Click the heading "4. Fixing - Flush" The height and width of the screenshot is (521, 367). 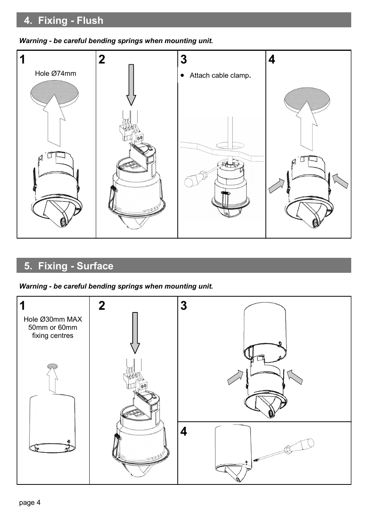click(63, 20)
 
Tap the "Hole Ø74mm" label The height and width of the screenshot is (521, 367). click(55, 73)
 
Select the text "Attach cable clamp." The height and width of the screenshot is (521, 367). click(220, 75)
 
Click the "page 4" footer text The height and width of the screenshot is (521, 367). click(30, 503)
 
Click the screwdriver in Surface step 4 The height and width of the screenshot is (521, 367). click(292, 450)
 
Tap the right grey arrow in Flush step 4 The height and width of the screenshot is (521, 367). click(340, 181)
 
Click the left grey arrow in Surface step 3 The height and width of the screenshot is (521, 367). click(235, 377)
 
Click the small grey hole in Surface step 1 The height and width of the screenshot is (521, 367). click(52, 366)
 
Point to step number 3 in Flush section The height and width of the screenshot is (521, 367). click(183, 60)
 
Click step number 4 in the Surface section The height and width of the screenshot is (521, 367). click(183, 431)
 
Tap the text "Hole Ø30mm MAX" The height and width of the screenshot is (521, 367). click(53, 319)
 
